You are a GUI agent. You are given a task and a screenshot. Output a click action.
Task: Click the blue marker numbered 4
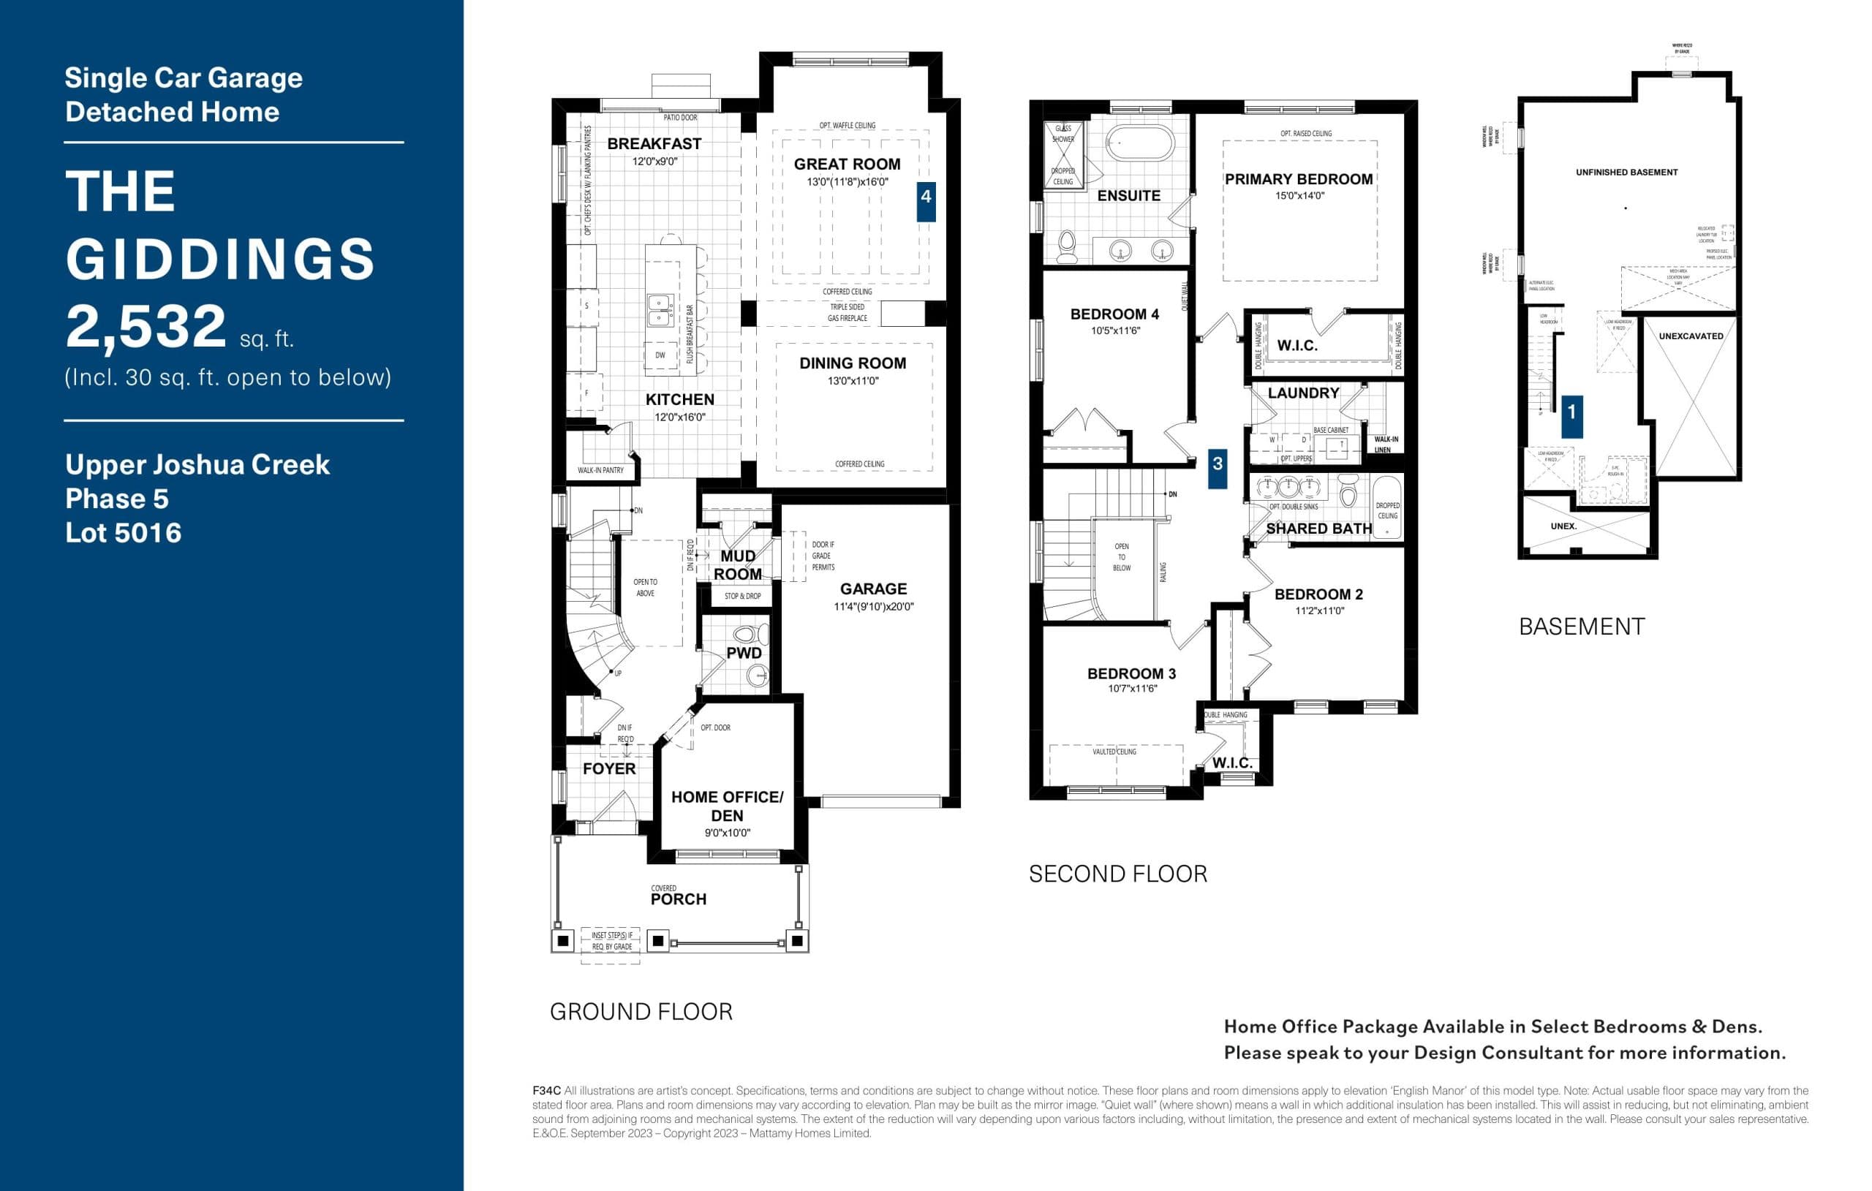coord(925,201)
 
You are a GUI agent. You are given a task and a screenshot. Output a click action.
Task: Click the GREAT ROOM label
coord(847,164)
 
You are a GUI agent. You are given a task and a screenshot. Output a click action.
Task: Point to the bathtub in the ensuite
coord(1140,143)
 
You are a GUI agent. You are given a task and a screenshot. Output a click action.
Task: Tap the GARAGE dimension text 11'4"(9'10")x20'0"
coord(873,607)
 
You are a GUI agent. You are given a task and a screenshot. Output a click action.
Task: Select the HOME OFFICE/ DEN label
coord(727,806)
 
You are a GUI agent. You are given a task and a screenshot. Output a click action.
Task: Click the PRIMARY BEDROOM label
coord(1298,180)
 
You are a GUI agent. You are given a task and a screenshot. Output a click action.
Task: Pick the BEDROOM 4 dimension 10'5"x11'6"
coord(1115,331)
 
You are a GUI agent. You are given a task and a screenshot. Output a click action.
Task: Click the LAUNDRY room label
coord(1303,393)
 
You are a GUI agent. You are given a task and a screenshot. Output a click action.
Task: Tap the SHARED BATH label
coord(1318,529)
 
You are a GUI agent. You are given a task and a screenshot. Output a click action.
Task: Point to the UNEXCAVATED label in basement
coord(1690,336)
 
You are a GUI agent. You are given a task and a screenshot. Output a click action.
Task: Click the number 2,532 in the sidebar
coord(146,327)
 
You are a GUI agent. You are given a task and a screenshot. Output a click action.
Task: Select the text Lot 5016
coord(123,533)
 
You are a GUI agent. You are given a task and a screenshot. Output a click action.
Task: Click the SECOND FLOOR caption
coord(1117,874)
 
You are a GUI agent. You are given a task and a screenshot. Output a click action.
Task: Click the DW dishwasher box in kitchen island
coord(660,355)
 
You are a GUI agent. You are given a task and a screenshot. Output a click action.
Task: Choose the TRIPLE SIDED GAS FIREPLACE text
coord(847,312)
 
